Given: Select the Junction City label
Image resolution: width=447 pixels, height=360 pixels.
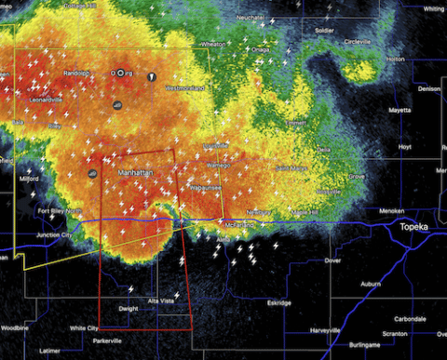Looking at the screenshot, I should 59,235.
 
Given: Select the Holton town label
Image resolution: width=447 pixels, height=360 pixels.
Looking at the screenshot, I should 396,58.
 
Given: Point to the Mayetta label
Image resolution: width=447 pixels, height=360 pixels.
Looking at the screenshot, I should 399,110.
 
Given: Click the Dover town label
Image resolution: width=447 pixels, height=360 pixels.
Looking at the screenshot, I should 332,260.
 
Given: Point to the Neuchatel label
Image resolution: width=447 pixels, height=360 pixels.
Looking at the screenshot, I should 249,18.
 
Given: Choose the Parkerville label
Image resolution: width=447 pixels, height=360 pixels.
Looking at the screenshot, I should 105,340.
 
